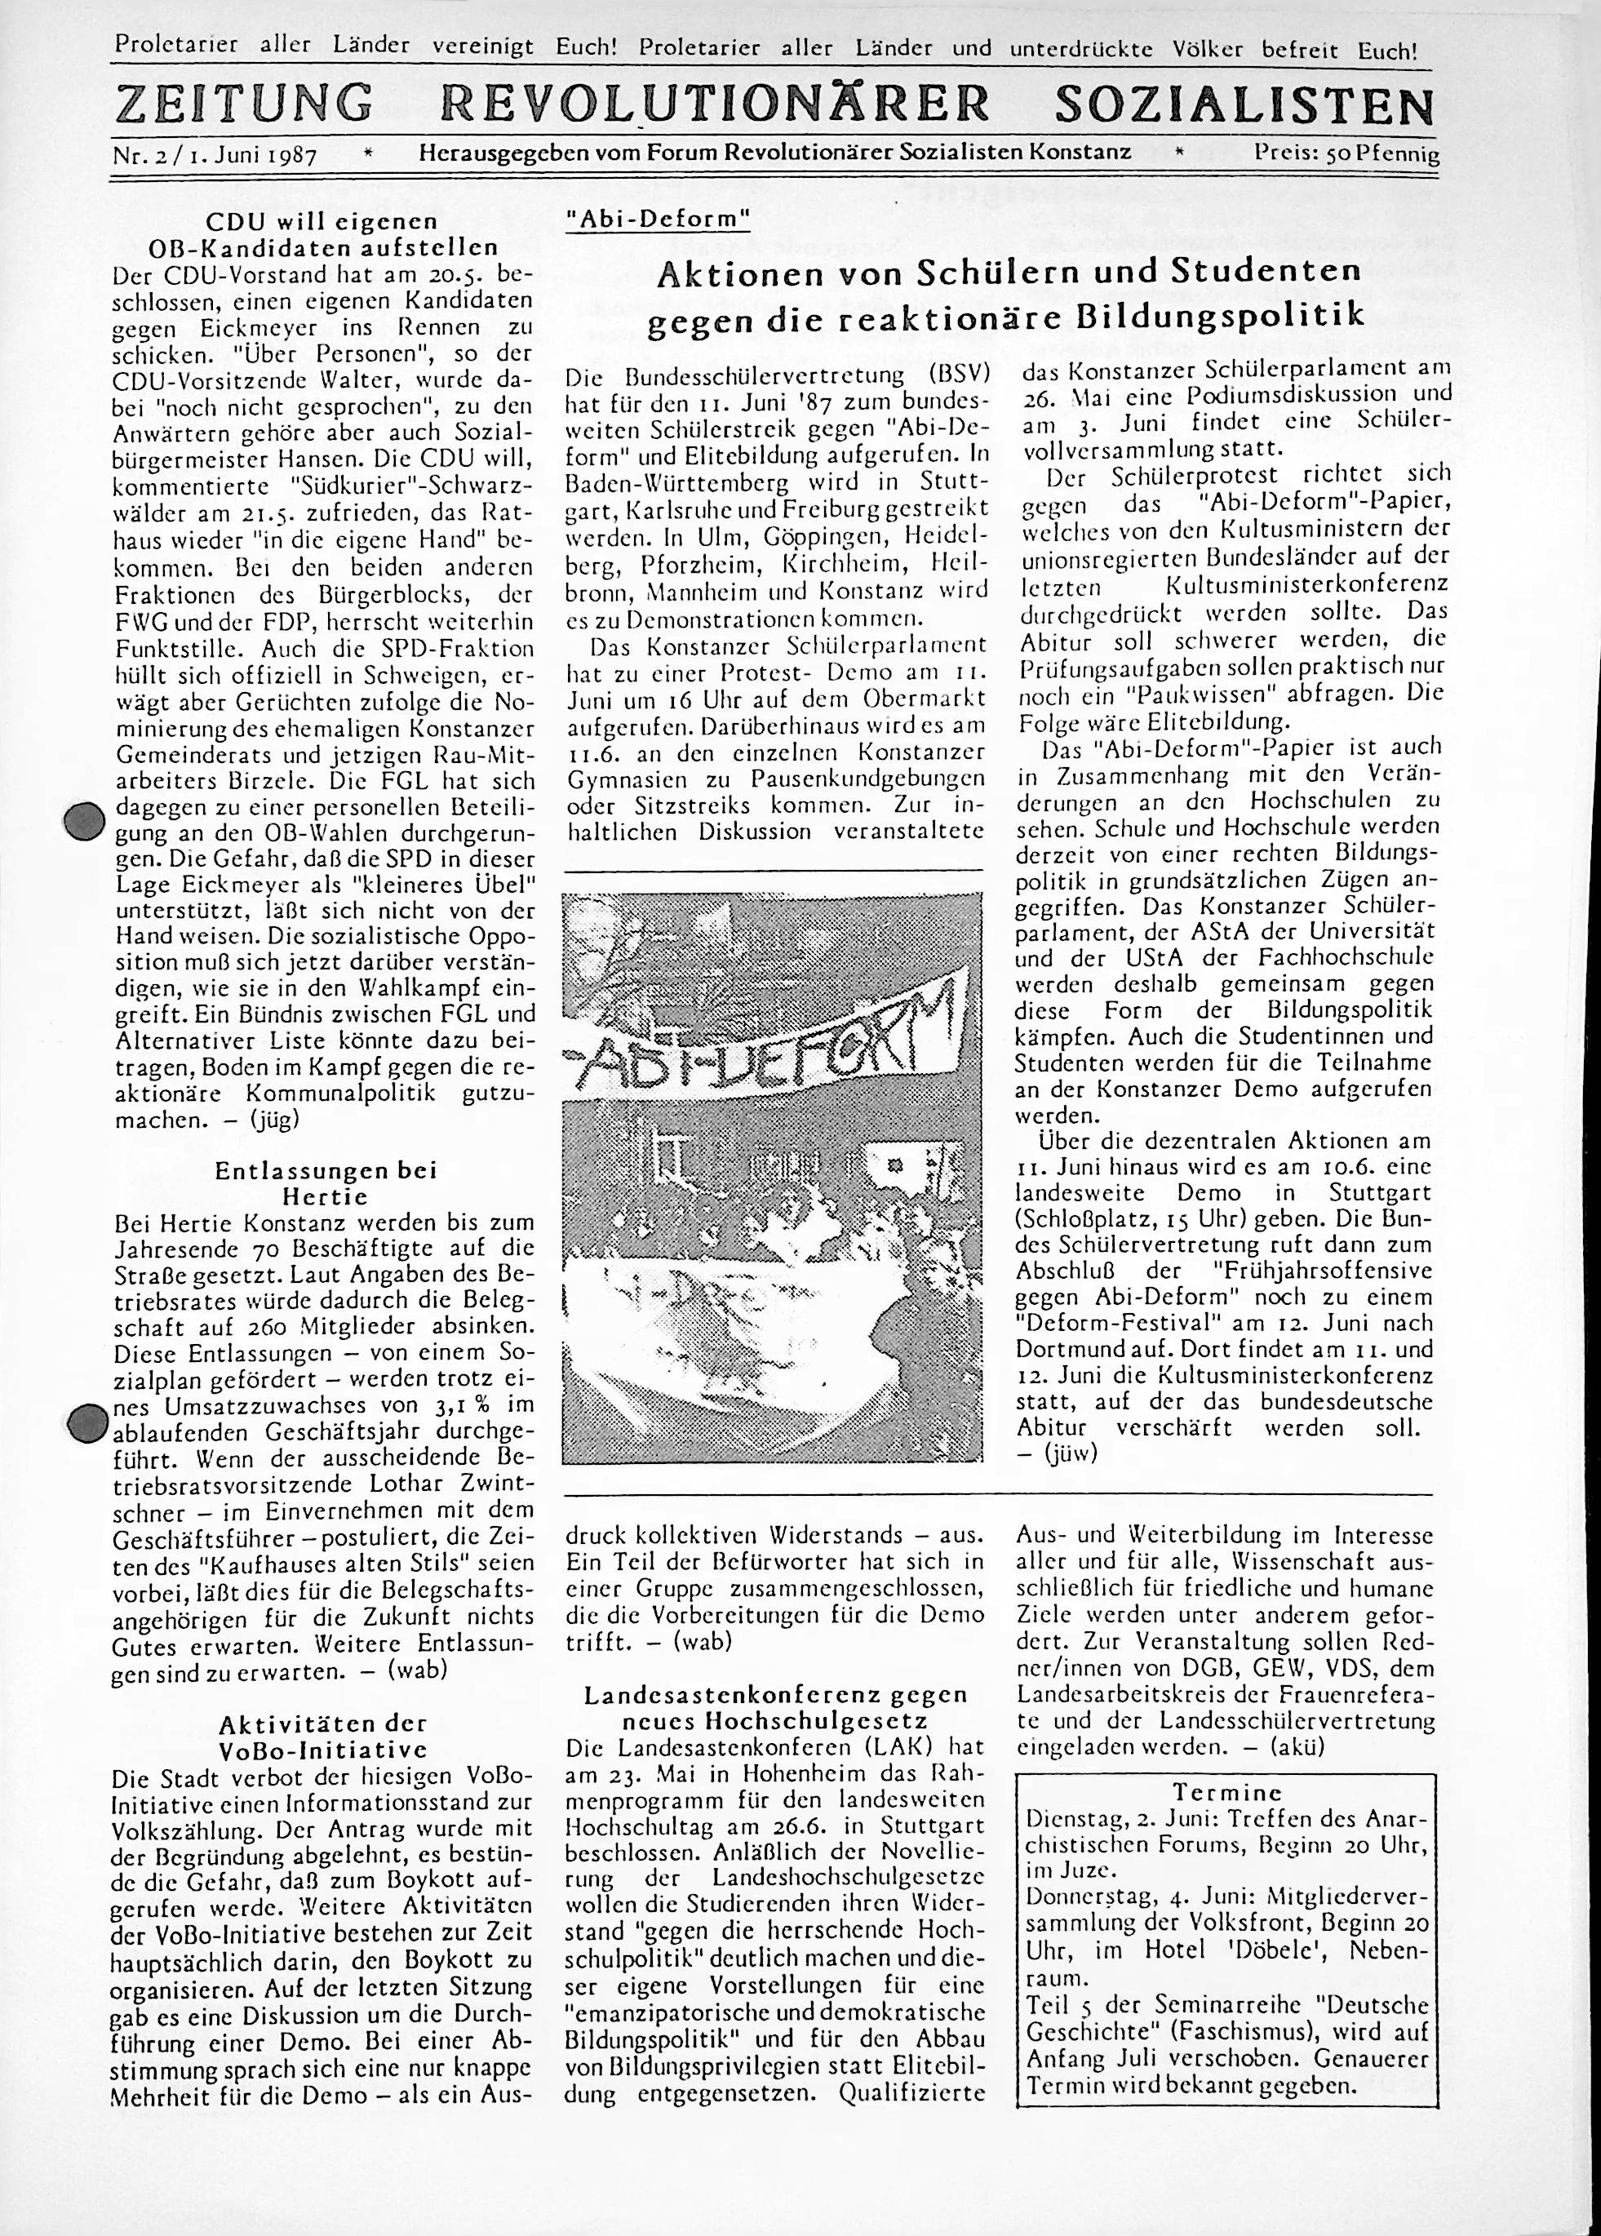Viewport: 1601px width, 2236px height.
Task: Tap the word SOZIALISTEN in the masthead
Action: click(1244, 104)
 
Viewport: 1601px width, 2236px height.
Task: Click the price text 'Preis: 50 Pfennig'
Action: click(1346, 155)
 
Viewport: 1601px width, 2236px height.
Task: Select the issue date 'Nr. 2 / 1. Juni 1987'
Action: click(215, 156)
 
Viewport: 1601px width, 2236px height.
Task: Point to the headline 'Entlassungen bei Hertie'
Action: click(326, 1183)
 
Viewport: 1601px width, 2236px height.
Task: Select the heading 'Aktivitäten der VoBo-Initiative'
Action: click(323, 1737)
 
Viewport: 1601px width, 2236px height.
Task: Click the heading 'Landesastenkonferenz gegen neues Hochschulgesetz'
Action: click(776, 1709)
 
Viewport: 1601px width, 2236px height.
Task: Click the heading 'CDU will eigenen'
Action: click(322, 221)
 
